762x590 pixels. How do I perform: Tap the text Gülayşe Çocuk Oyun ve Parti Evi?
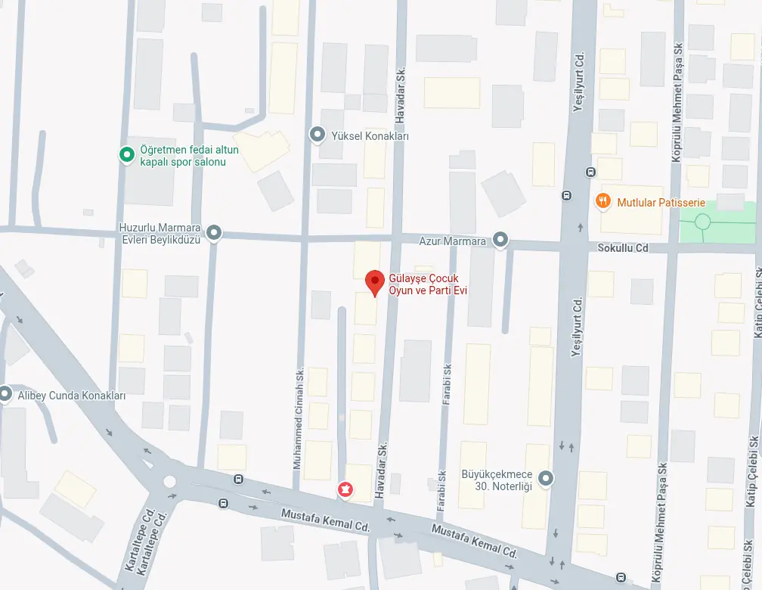pyautogui.click(x=424, y=284)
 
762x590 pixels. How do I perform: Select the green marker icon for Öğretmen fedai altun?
pyautogui.click(x=127, y=155)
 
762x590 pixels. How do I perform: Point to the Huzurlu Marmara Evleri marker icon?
pyautogui.click(x=215, y=233)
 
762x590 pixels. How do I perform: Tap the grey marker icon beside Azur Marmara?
pyautogui.click(x=500, y=241)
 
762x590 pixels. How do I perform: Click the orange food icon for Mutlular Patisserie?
pyautogui.click(x=602, y=202)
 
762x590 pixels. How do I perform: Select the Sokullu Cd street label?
pyautogui.click(x=623, y=247)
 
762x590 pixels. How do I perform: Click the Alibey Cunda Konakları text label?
pyautogui.click(x=72, y=395)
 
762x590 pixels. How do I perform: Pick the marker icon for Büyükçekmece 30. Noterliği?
pyautogui.click(x=546, y=478)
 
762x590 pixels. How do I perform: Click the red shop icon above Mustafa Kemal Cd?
pyautogui.click(x=345, y=490)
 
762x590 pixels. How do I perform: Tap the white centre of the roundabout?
pyautogui.click(x=169, y=481)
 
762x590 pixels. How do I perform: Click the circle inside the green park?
pyautogui.click(x=702, y=222)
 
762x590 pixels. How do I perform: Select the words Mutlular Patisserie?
pyautogui.click(x=661, y=203)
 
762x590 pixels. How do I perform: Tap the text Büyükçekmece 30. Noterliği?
pyautogui.click(x=497, y=481)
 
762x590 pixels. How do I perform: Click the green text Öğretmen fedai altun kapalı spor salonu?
pyautogui.click(x=184, y=156)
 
